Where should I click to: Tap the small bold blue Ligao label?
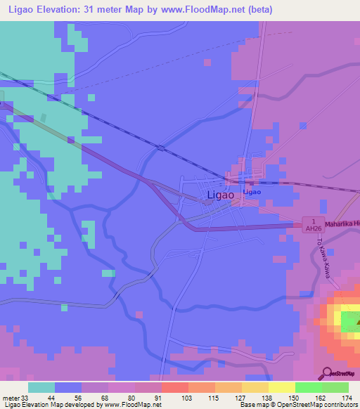[x=252, y=192]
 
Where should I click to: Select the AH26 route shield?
[x=312, y=226]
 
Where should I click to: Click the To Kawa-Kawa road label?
[x=324, y=259]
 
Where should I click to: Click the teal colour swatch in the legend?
[x=41, y=387]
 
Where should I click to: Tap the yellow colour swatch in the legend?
[x=281, y=387]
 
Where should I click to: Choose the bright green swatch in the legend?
[x=308, y=387]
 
